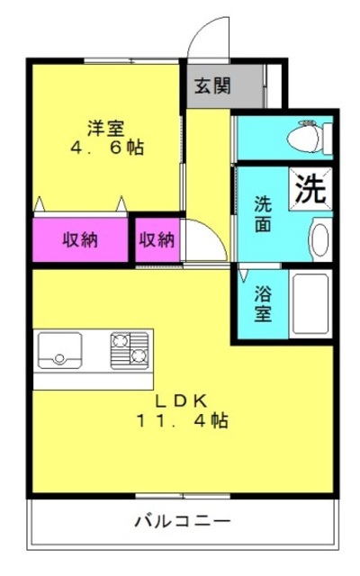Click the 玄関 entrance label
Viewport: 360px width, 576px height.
tap(212, 86)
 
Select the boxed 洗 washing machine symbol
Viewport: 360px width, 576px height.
tap(310, 189)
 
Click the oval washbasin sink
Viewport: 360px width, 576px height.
tap(320, 239)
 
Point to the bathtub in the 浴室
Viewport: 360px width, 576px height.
tap(310, 304)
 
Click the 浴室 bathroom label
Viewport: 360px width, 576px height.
tap(263, 303)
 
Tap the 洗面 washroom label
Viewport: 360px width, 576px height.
tap(263, 214)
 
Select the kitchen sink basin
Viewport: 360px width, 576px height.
tap(60, 350)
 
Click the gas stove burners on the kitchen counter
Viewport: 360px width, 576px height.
tap(130, 350)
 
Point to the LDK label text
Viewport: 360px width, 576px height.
tap(182, 401)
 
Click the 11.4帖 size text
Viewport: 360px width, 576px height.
tap(183, 420)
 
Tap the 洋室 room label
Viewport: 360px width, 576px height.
tap(106, 128)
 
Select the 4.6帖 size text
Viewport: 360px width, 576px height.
tap(107, 148)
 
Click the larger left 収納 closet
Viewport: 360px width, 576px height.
tap(80, 240)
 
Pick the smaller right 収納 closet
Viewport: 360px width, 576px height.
tap(157, 240)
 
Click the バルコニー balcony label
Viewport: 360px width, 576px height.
tap(183, 521)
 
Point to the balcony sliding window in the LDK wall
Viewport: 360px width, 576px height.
tap(183, 496)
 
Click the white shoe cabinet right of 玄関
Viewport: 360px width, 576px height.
tap(274, 86)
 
